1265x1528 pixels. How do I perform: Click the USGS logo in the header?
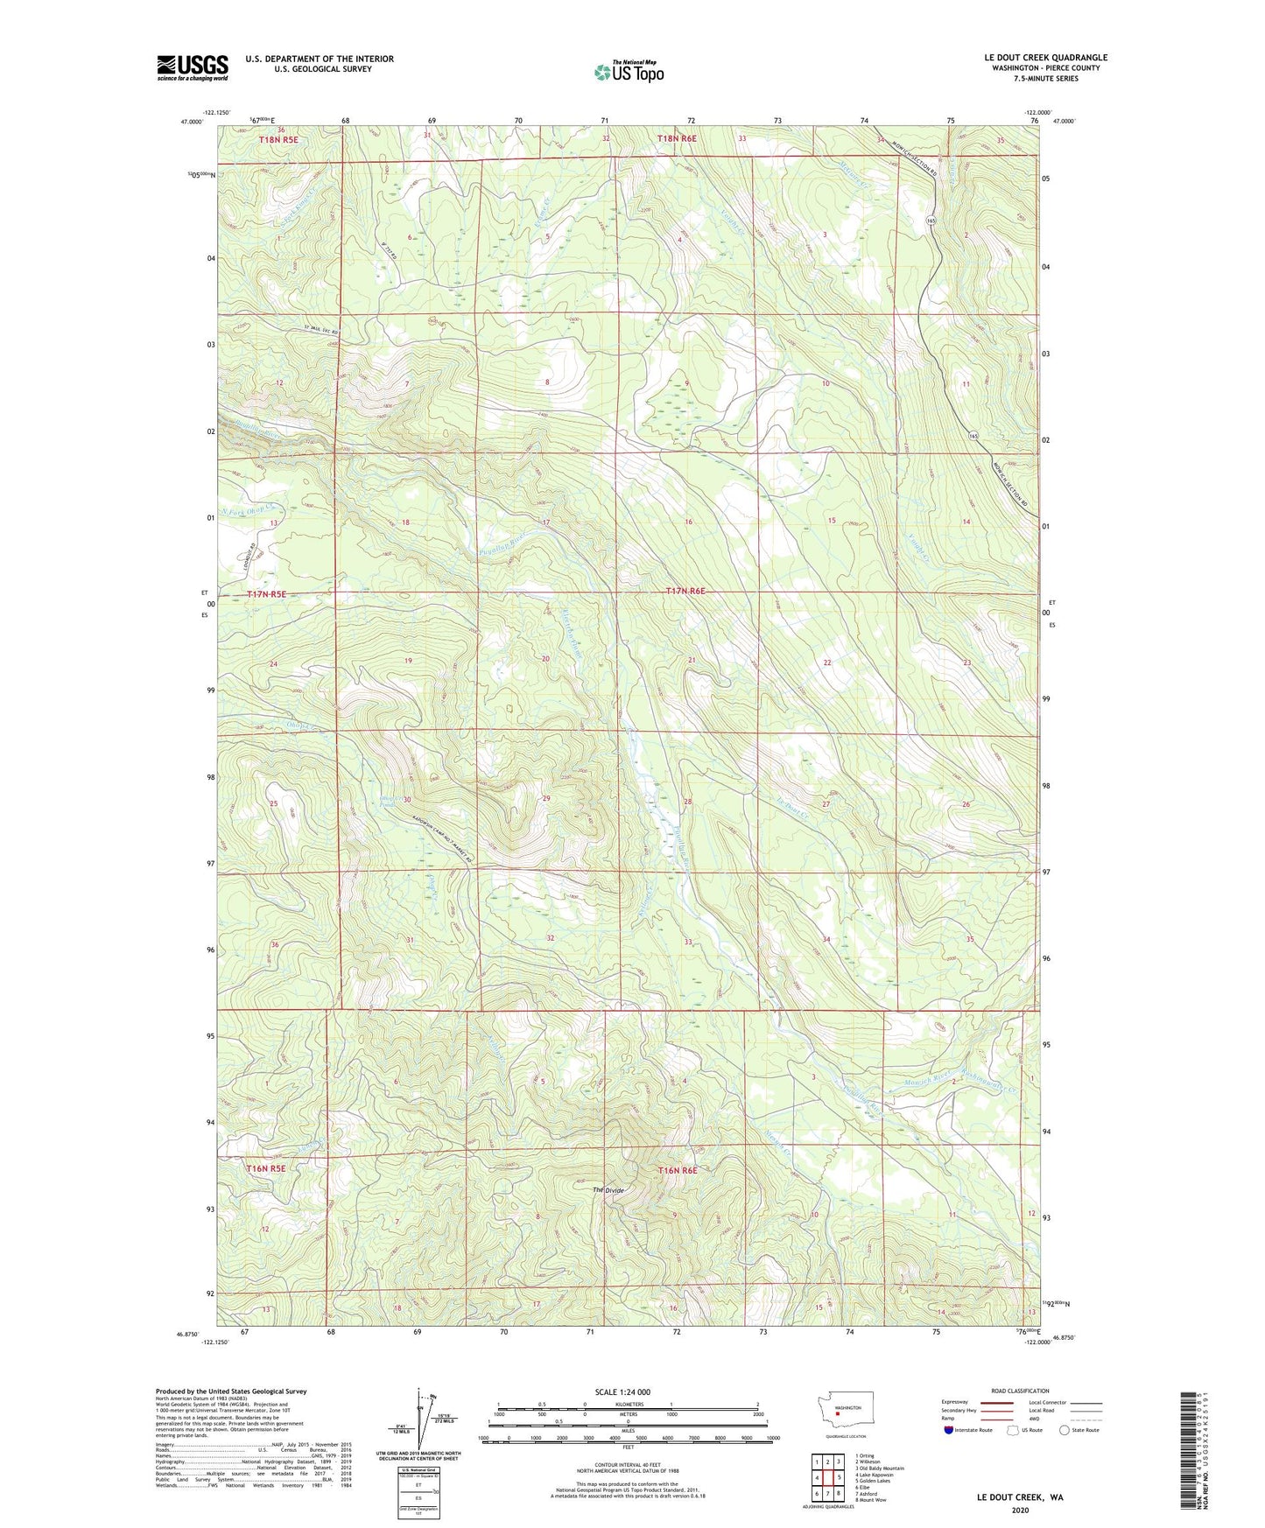[193, 67]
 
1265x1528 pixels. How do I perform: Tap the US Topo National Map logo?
[629, 71]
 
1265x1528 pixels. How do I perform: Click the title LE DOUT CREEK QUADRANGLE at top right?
[1045, 58]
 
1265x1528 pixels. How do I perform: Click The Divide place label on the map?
[609, 1190]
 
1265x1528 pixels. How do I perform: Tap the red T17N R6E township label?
[685, 592]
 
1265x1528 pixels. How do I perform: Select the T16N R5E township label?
[266, 1168]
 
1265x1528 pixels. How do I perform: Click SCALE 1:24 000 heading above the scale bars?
[622, 1391]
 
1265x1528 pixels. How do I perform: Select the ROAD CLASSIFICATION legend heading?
[1020, 1391]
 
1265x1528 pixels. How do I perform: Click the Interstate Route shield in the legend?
[952, 1430]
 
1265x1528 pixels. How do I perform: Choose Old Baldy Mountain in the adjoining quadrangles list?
[882, 1468]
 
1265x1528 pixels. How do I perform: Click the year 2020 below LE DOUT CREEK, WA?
[1019, 1510]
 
